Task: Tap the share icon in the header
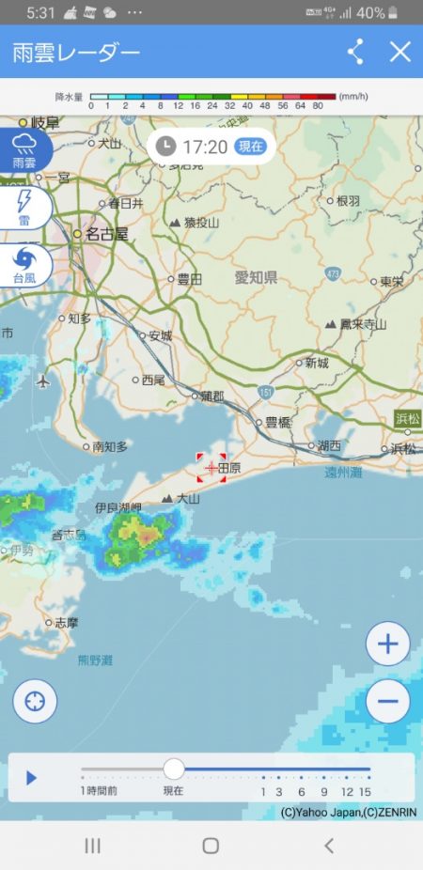click(355, 52)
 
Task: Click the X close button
click(400, 52)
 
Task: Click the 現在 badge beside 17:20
click(250, 147)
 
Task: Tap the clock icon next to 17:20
click(165, 147)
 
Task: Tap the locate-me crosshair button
click(35, 700)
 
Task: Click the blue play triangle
click(31, 778)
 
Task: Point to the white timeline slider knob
click(174, 769)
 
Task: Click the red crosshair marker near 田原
click(211, 467)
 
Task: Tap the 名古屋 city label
click(106, 234)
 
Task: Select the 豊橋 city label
click(278, 423)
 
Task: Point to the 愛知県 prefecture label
click(256, 277)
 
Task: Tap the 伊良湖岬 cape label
click(117, 507)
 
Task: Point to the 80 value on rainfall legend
click(318, 105)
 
